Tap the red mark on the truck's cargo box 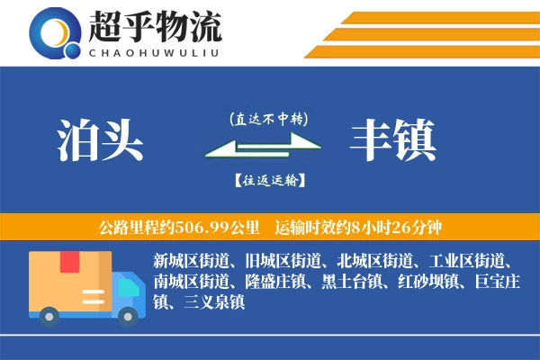[x=70, y=263]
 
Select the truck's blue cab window [x=130, y=285]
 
